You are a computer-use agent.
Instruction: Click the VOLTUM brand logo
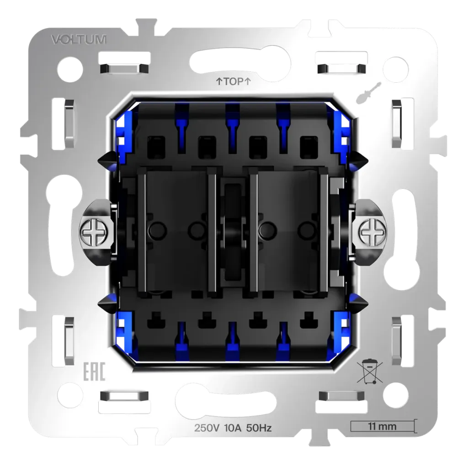pos(79,39)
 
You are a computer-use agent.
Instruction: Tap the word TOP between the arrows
pos(234,81)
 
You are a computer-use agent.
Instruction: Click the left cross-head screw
pos(92,231)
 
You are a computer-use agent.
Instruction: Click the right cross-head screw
pos(373,231)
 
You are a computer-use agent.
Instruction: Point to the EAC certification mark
pos(94,372)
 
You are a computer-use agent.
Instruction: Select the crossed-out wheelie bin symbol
pos(369,372)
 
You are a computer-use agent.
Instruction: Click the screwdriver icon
pos(364,93)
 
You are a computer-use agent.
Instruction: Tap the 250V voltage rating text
pos(207,428)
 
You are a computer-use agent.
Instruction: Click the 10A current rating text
pos(233,428)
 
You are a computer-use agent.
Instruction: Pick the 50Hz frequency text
pos(259,428)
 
